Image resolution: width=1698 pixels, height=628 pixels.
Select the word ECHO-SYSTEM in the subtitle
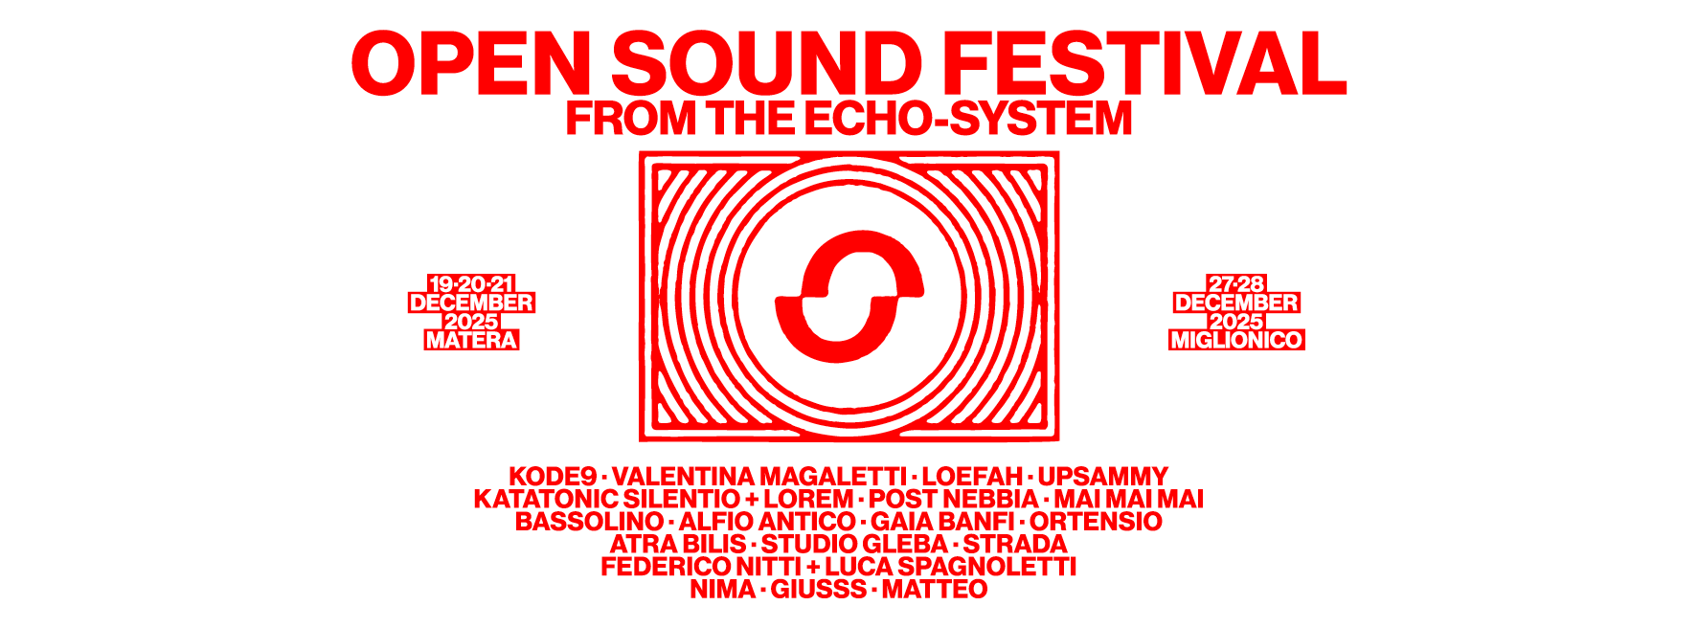click(968, 119)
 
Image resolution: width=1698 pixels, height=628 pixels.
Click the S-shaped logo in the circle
click(849, 297)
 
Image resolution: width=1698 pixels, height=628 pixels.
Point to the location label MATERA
click(471, 340)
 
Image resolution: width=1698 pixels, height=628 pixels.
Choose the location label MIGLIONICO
click(1236, 340)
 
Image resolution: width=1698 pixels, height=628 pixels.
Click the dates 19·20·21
click(471, 284)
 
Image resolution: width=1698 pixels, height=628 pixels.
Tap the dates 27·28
click(1236, 284)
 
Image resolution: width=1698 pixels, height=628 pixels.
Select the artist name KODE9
click(553, 477)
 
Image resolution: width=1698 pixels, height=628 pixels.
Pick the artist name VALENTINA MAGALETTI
click(759, 477)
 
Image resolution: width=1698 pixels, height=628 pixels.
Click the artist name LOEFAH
click(972, 477)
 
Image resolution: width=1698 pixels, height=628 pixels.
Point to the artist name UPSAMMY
click(1103, 477)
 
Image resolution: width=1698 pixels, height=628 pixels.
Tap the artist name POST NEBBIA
click(953, 499)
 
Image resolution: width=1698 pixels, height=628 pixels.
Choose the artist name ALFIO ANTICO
click(767, 522)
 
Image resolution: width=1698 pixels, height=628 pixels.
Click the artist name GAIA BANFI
click(942, 522)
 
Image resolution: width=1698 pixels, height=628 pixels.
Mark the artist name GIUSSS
click(819, 589)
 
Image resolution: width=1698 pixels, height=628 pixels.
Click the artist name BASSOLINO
click(589, 522)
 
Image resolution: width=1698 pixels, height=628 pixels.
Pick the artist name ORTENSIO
click(1097, 522)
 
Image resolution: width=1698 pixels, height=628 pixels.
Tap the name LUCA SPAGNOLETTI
click(951, 567)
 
